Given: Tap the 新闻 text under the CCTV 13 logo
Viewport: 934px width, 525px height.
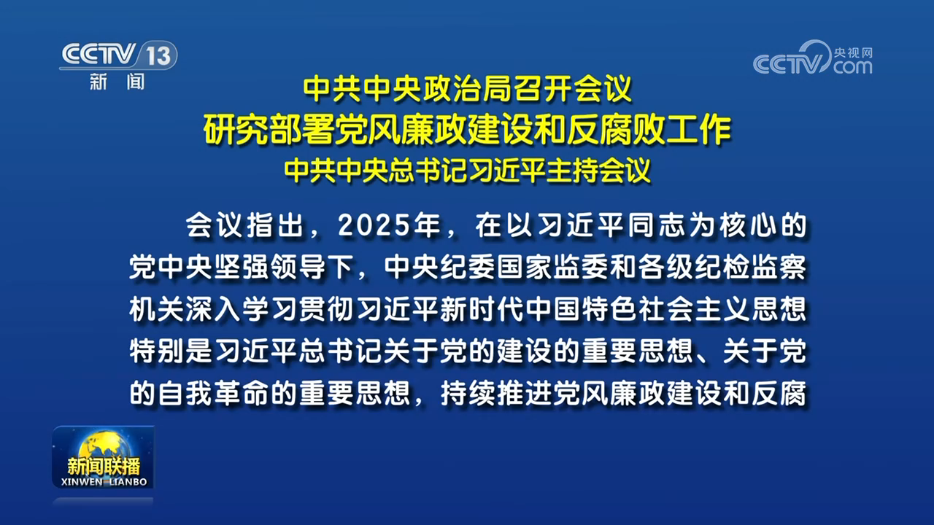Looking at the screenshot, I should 117,82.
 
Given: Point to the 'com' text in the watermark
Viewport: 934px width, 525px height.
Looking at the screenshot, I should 852,67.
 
